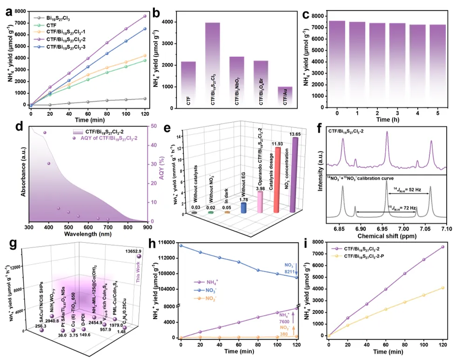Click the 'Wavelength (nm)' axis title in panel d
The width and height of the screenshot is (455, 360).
[87, 235]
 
